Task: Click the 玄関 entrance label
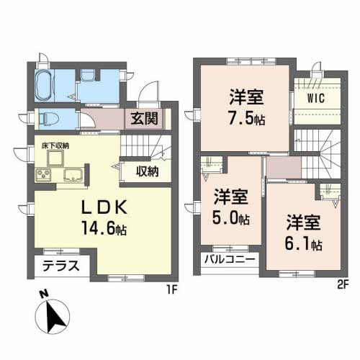[145, 119]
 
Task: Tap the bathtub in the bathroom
[43, 85]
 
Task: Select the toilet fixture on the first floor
[49, 120]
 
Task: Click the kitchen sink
[73, 175]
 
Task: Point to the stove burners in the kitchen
[43, 174]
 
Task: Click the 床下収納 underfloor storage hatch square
[55, 158]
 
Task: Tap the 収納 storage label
[148, 171]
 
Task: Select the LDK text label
[104, 208]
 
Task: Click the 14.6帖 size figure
[104, 228]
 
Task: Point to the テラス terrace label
[61, 266]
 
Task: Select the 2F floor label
[342, 285]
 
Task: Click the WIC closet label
[316, 98]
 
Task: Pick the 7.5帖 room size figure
[247, 119]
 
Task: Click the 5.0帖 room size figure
[231, 218]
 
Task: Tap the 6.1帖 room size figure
[303, 243]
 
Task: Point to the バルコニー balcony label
[230, 260]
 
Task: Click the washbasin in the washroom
[87, 75]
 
